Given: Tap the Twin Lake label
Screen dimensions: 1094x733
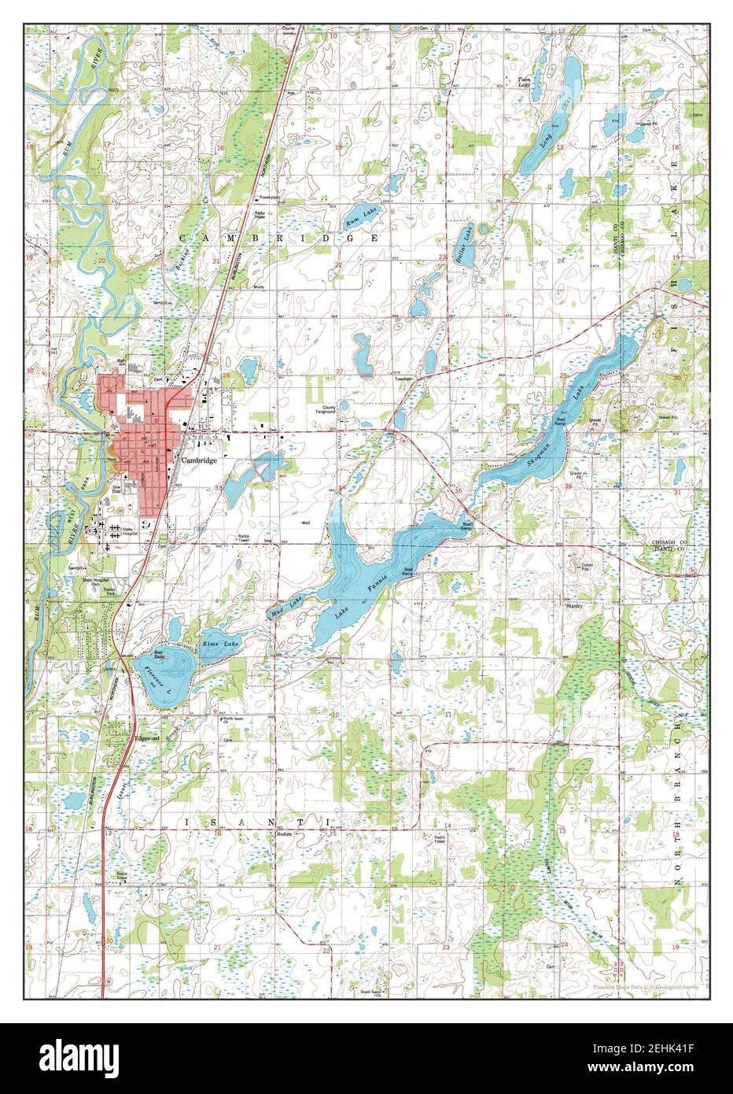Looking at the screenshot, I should (x=523, y=83).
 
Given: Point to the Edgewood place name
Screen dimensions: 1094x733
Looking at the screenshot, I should (x=147, y=739).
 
